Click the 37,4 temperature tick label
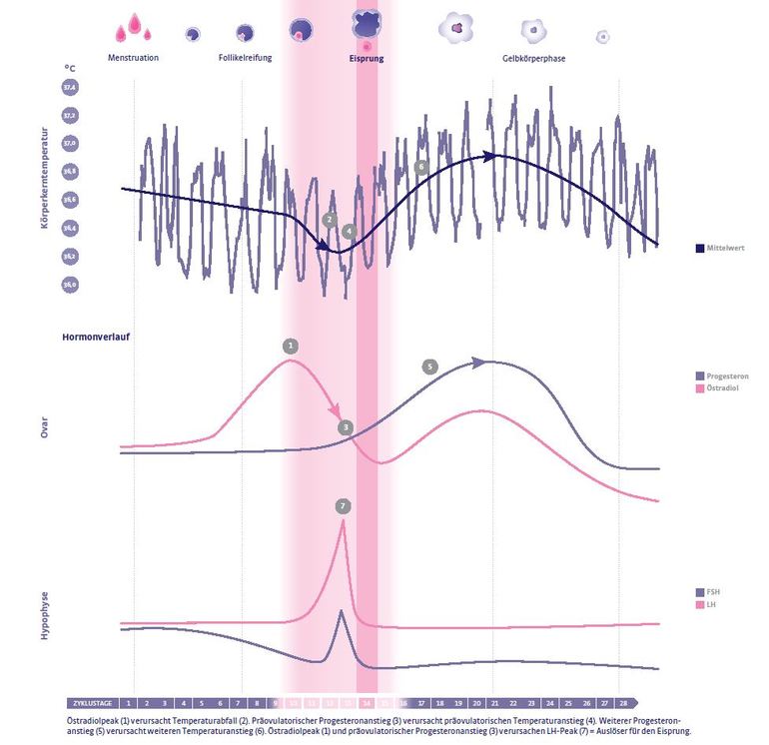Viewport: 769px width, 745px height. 70,88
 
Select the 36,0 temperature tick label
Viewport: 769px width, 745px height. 70,284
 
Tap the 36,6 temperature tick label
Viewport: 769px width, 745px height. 70,200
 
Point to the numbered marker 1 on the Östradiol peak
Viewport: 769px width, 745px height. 291,346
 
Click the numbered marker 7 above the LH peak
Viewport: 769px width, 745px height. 343,506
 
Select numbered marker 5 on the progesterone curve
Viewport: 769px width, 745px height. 429,367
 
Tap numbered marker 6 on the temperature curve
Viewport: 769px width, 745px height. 421,167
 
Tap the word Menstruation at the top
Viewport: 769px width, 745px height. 133,58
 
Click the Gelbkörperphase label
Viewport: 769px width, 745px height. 533,58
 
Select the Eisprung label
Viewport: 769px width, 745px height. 366,58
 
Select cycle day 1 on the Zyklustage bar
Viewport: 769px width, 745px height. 130,702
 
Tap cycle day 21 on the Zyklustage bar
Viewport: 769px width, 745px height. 494,702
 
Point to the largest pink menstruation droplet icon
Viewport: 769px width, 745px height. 129,31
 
